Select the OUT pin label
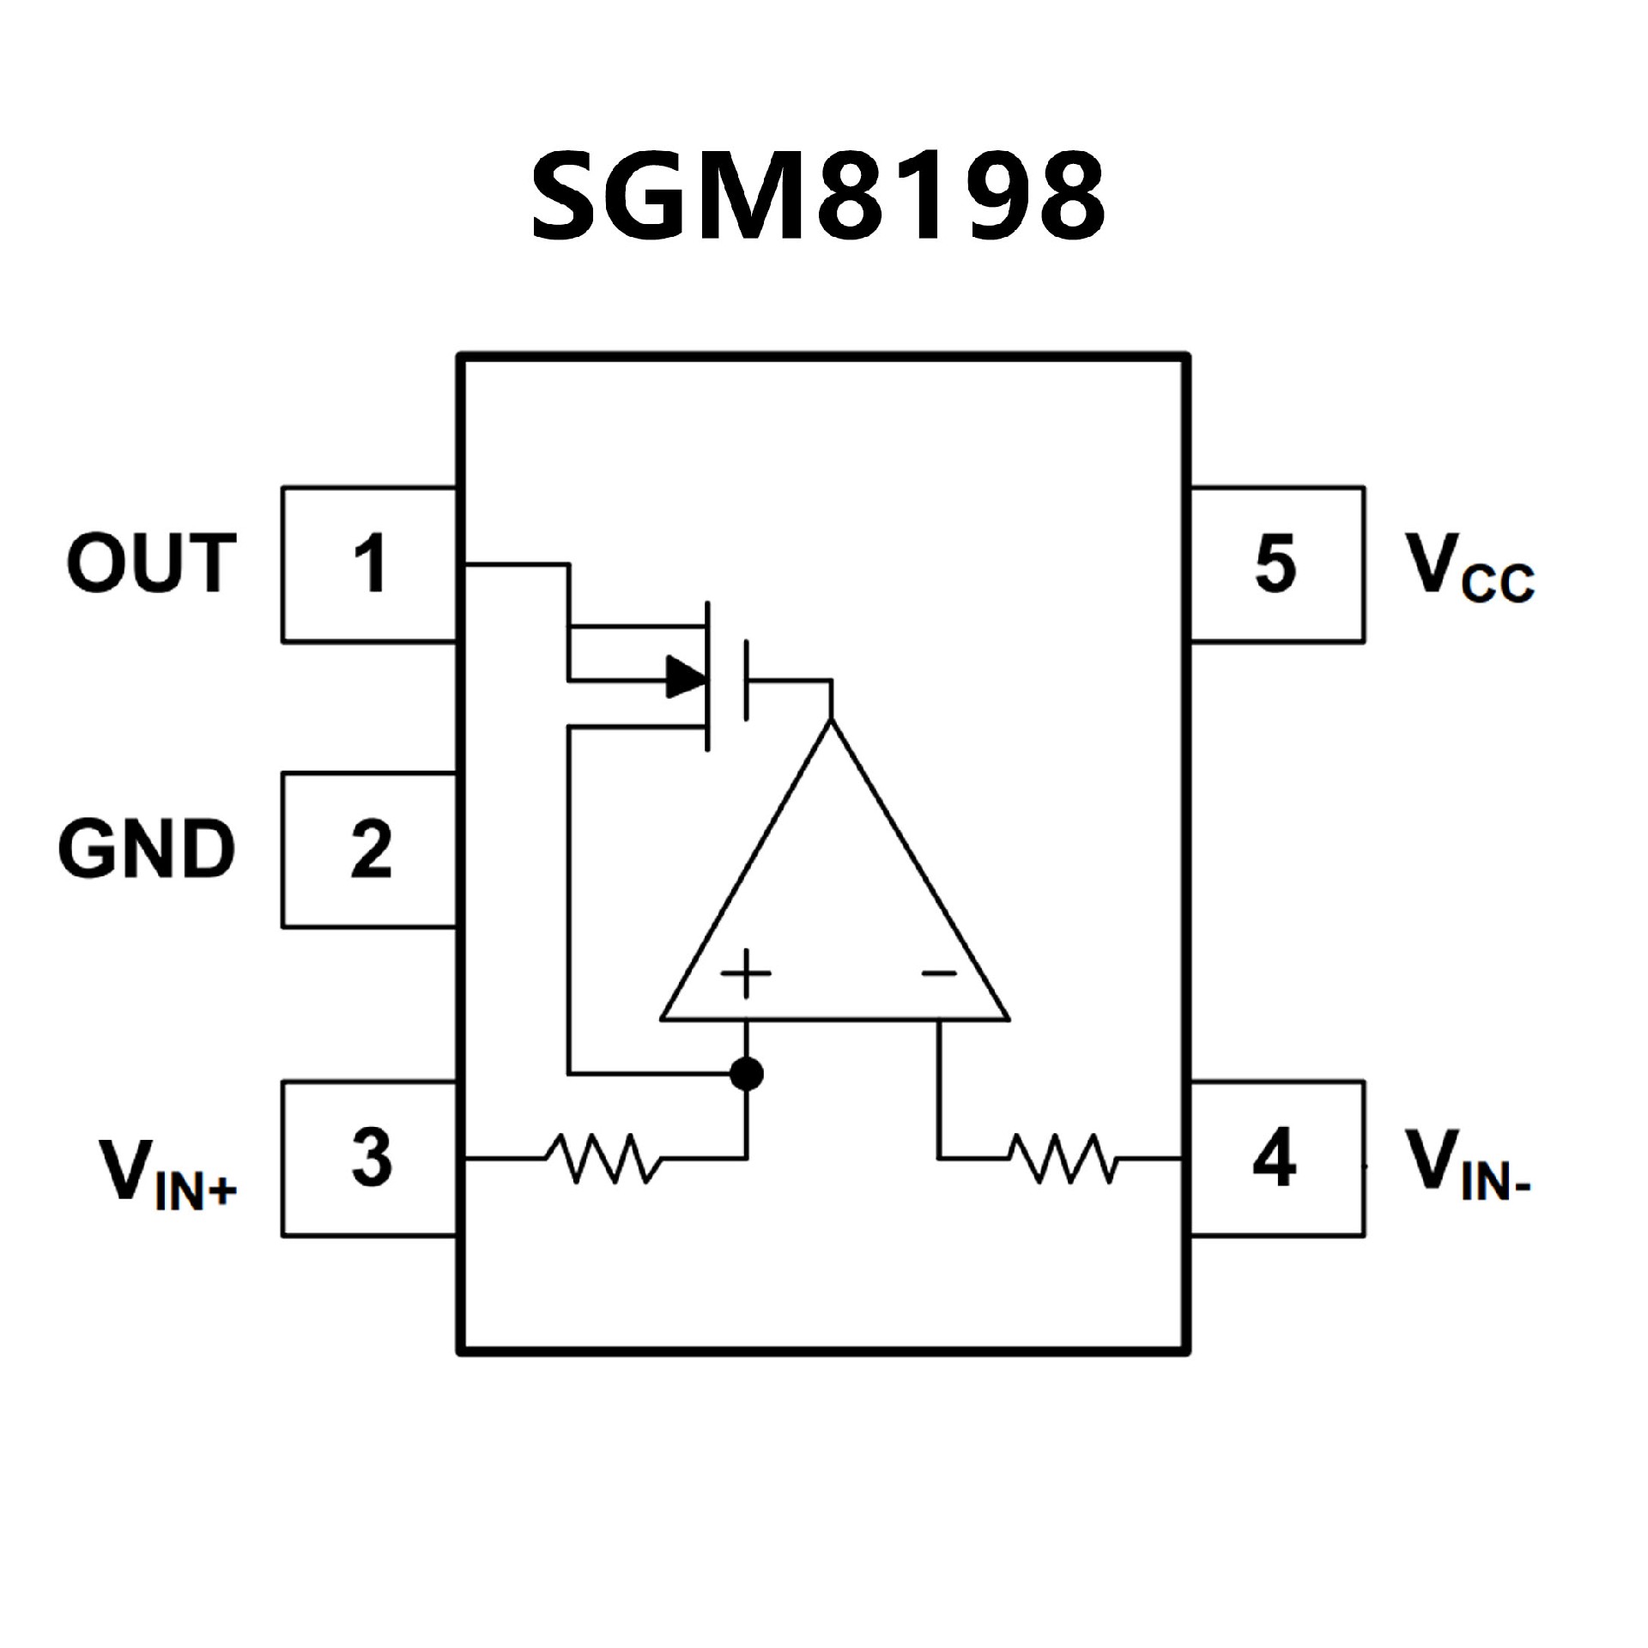point(151,563)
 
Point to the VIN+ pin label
point(168,1172)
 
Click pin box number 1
point(369,564)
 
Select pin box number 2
point(369,850)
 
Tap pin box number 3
point(369,1158)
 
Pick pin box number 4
point(1276,1158)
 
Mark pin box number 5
point(1276,564)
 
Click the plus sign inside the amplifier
point(746,973)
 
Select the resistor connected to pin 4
point(1063,1158)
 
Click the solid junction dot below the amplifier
point(746,1073)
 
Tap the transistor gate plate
point(746,680)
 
